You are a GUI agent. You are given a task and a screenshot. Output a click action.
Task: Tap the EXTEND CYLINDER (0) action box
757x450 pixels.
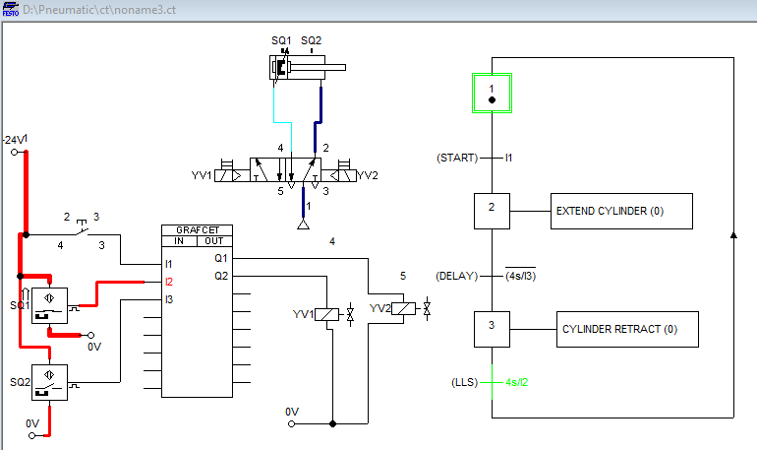(x=621, y=211)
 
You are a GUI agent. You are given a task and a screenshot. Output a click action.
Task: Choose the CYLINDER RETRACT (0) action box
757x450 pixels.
(x=627, y=329)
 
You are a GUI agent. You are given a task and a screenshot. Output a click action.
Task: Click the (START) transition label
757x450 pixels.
(x=456, y=158)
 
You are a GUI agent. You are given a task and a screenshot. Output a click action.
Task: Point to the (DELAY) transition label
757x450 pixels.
(x=456, y=276)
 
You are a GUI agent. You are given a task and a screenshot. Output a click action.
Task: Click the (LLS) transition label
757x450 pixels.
(x=466, y=380)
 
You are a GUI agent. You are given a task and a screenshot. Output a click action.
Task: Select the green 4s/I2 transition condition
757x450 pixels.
(x=517, y=380)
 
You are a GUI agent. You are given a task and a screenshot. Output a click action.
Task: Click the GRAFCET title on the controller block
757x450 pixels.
(x=197, y=229)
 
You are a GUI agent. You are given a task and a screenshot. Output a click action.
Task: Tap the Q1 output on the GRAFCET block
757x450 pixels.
(x=221, y=258)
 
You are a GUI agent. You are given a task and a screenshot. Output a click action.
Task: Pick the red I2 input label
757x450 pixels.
(x=170, y=282)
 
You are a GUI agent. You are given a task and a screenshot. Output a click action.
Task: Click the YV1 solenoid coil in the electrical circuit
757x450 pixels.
(x=331, y=315)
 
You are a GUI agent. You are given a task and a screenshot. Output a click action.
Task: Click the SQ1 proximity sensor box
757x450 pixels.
(x=48, y=304)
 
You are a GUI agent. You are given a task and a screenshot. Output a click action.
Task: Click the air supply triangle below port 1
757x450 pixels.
(x=303, y=225)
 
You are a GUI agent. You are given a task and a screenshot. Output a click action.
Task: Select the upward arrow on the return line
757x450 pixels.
(x=732, y=235)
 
